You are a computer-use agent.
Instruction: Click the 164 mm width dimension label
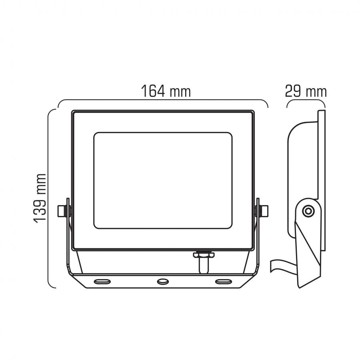pos(166,91)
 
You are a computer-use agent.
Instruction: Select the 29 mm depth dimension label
pos(306,91)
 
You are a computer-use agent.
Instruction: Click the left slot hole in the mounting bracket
pos(102,281)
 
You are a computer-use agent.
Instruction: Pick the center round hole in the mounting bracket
pos(163,282)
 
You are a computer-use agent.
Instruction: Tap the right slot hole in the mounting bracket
pos(223,281)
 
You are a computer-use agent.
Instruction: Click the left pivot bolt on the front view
pos(64,211)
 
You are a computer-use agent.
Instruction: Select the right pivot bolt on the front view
pos(262,211)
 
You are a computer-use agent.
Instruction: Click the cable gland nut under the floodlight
pos(204,255)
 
